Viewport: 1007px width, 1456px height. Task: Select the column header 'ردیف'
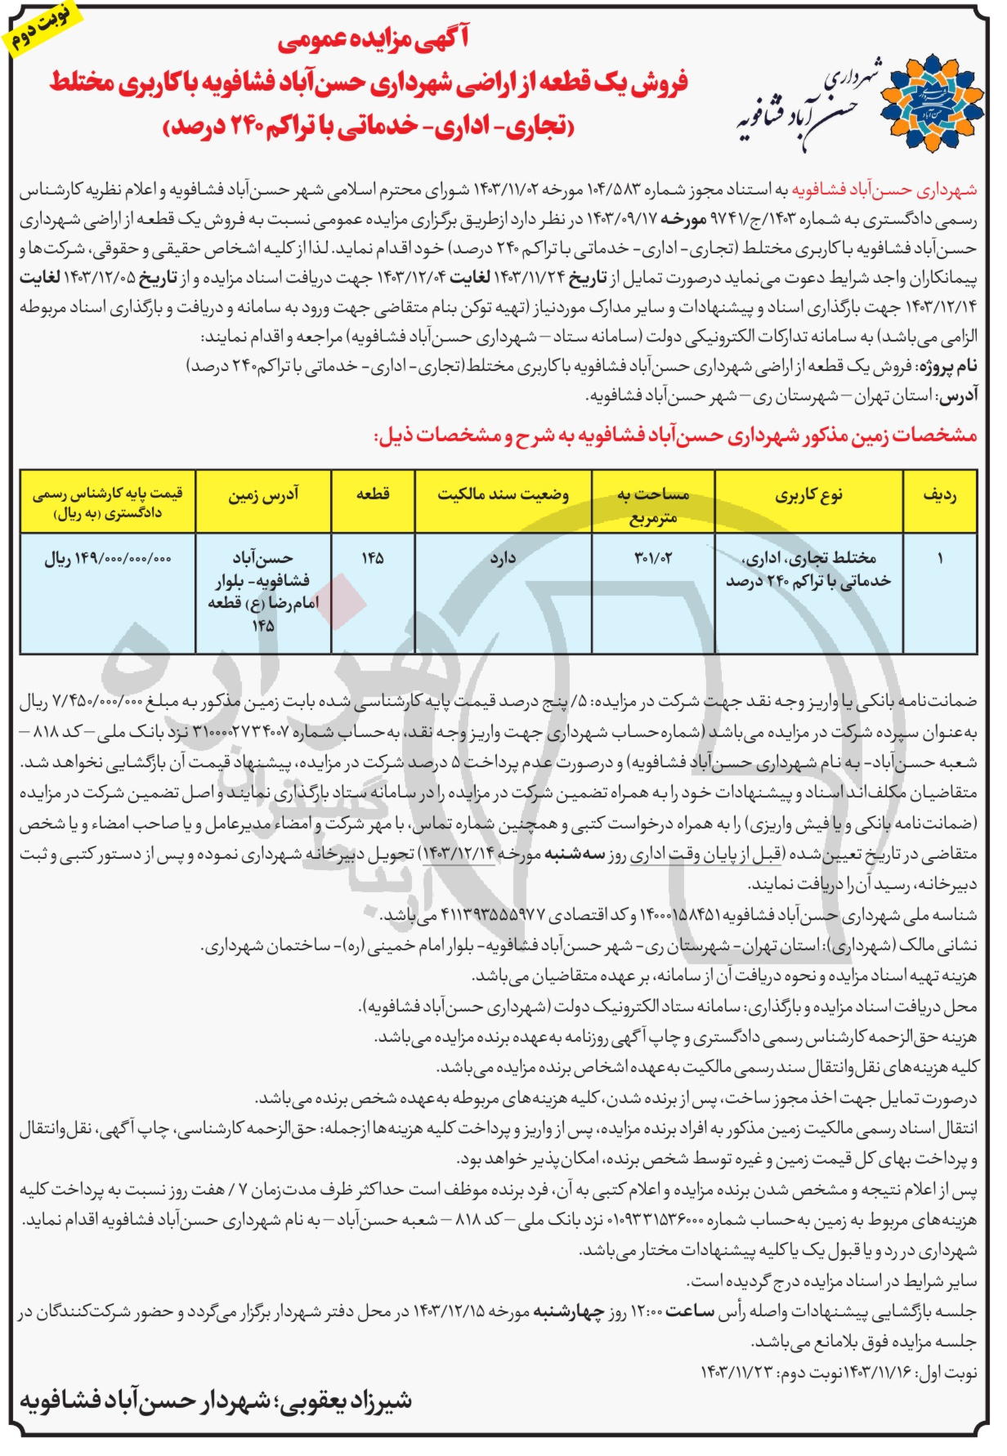939,495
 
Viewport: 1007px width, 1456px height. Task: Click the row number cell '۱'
940,558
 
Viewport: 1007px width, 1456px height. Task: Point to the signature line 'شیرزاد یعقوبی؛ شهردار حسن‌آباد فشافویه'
216,1400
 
